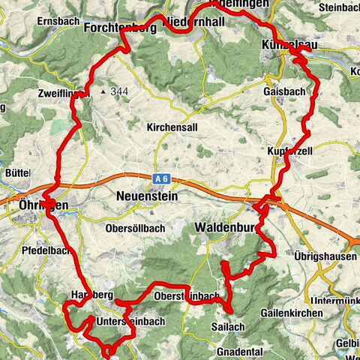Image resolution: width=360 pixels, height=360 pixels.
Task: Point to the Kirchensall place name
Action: tap(173, 127)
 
